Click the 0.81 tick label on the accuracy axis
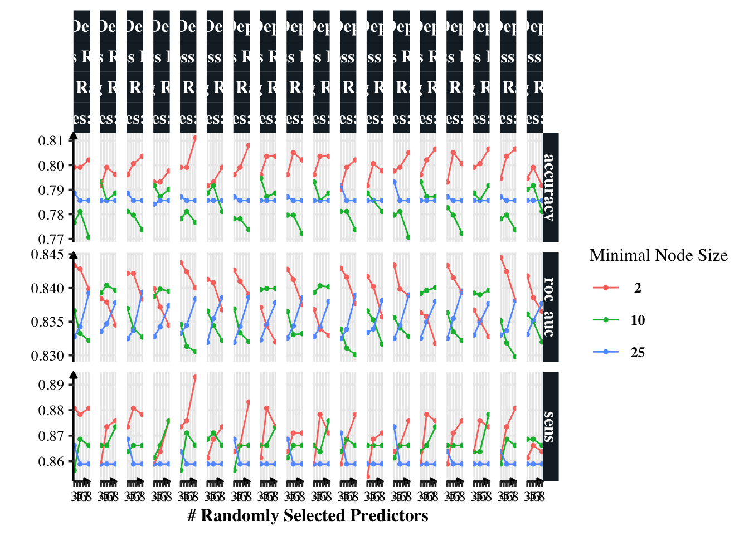[x=51, y=141]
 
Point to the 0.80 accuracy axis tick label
[x=51, y=166]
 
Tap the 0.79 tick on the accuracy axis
[x=51, y=190]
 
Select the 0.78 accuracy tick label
[x=51, y=215]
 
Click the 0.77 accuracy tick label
[x=51, y=240]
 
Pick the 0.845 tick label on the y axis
[x=48, y=255]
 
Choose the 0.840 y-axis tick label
[x=48, y=288]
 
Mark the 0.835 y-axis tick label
[x=48, y=322]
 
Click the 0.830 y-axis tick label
[x=48, y=356]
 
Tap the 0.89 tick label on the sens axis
[x=51, y=385]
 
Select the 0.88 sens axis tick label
[x=51, y=411]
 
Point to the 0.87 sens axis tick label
[x=51, y=436]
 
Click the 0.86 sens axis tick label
[x=51, y=462]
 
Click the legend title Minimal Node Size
[x=658, y=256]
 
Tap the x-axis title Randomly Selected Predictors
[x=308, y=515]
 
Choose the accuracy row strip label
[x=549, y=187]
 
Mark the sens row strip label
[x=549, y=426]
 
